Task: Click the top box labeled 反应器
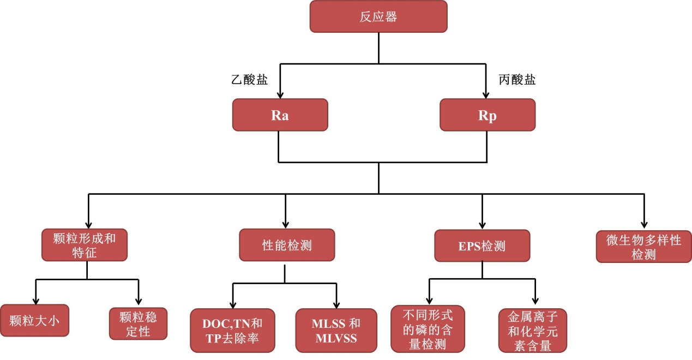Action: (378, 16)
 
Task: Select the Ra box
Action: (280, 115)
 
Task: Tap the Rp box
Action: (487, 115)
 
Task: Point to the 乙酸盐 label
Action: (250, 80)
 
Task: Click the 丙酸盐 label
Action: (517, 80)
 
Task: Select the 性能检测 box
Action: (287, 245)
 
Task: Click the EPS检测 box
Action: (482, 246)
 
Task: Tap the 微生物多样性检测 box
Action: (643, 247)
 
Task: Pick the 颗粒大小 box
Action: (34, 320)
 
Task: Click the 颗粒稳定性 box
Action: (138, 323)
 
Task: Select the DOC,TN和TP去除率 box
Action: (233, 331)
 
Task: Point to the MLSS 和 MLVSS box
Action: (336, 331)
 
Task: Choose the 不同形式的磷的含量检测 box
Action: (428, 328)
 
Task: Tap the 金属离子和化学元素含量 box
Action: (533, 331)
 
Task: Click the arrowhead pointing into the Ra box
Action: (280, 94)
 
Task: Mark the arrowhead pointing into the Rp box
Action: (487, 94)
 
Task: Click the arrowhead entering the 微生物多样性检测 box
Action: (644, 225)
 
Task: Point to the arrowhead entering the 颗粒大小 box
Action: (36, 300)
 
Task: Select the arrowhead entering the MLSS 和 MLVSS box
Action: (336, 304)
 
